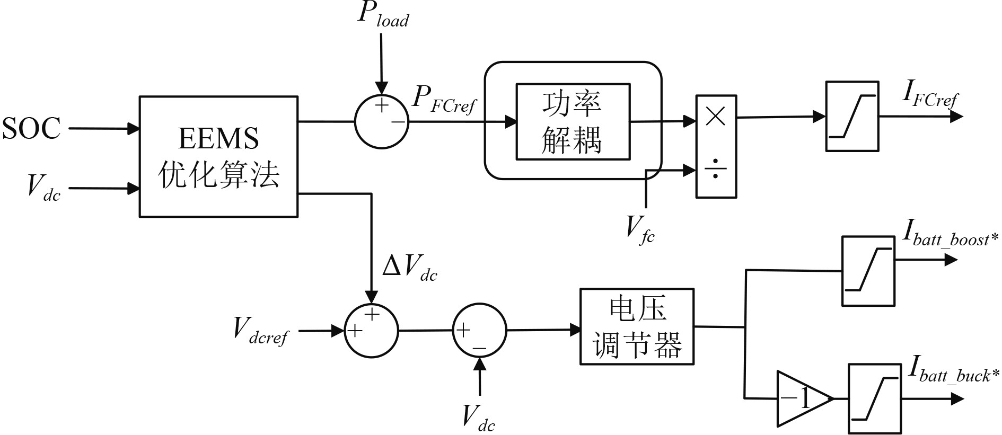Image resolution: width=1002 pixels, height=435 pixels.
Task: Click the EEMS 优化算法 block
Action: pos(218,156)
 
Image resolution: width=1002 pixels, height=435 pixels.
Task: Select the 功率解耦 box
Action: pos(573,121)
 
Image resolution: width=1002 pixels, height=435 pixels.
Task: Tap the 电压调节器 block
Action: pos(637,326)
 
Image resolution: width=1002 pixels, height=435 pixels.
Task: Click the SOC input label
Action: pos(32,128)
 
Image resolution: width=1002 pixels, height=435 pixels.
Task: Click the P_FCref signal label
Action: pos(444,99)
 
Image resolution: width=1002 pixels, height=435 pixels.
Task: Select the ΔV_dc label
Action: pos(409,269)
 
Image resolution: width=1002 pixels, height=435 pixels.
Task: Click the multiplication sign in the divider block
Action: pos(716,117)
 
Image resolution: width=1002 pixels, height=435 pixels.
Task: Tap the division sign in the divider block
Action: pos(716,170)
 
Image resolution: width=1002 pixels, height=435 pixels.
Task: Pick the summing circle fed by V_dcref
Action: pos(371,330)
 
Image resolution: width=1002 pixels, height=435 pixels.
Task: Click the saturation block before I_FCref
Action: pos(851,116)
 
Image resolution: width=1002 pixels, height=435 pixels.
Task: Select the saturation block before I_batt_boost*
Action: pos(868,271)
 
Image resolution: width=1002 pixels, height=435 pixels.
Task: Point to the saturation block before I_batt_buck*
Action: pos(874,398)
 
